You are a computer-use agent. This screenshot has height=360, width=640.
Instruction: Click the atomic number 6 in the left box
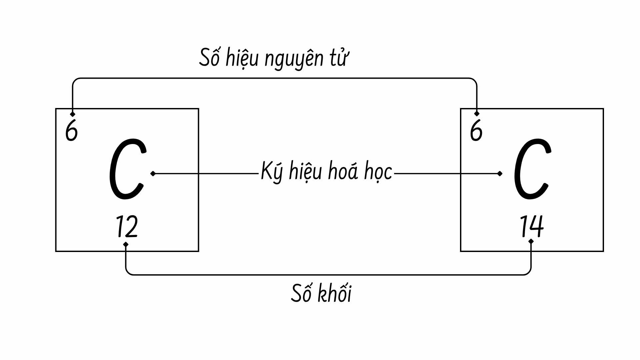click(71, 131)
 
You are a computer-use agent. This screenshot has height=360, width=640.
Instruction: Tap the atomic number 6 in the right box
click(476, 131)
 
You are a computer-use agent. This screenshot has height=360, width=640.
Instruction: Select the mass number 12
click(127, 227)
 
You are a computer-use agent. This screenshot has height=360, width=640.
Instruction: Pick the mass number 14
click(532, 226)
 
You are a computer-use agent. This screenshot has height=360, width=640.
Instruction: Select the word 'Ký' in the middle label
click(270, 172)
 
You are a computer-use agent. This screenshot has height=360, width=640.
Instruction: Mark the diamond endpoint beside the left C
click(153, 174)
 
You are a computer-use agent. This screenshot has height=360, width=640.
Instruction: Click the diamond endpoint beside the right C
click(499, 174)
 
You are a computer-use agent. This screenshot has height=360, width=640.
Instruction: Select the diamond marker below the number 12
click(126, 244)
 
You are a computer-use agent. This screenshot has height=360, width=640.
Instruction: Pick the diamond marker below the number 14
click(531, 241)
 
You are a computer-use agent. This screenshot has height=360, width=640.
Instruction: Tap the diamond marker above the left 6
click(73, 114)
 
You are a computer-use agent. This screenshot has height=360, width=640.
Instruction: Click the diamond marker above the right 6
click(477, 114)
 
